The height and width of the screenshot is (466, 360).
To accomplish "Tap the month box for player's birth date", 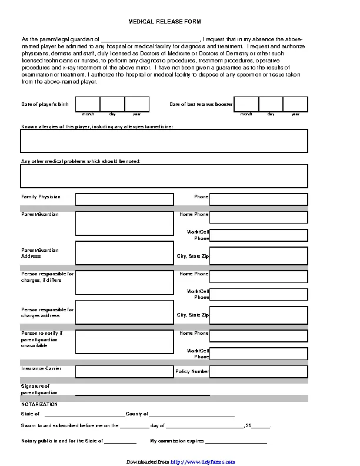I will [x=87, y=104].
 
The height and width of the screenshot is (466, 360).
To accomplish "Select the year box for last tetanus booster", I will [x=295, y=104].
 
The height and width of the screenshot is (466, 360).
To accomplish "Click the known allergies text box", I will [x=164, y=141].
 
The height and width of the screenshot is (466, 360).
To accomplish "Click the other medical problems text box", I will [x=164, y=175].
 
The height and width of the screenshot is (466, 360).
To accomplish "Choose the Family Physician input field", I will [x=124, y=199].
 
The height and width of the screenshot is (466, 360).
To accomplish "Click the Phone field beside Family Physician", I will [x=258, y=199].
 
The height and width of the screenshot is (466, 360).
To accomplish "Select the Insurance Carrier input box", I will [x=124, y=371].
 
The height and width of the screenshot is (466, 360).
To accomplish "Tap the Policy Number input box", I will [x=258, y=371].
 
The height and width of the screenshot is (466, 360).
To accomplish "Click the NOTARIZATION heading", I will [x=39, y=405].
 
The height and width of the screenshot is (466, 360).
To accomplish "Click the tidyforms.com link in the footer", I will [x=203, y=461].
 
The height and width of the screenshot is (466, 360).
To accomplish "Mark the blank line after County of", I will [x=192, y=414].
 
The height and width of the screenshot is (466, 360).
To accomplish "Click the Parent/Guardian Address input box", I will [x=124, y=252].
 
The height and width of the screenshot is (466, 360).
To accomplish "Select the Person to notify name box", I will [x=124, y=341].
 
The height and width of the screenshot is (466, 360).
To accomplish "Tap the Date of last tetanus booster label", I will [x=201, y=104].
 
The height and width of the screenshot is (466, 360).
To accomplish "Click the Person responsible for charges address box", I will [x=124, y=312].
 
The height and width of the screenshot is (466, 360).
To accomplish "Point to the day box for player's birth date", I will [x=112, y=104].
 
